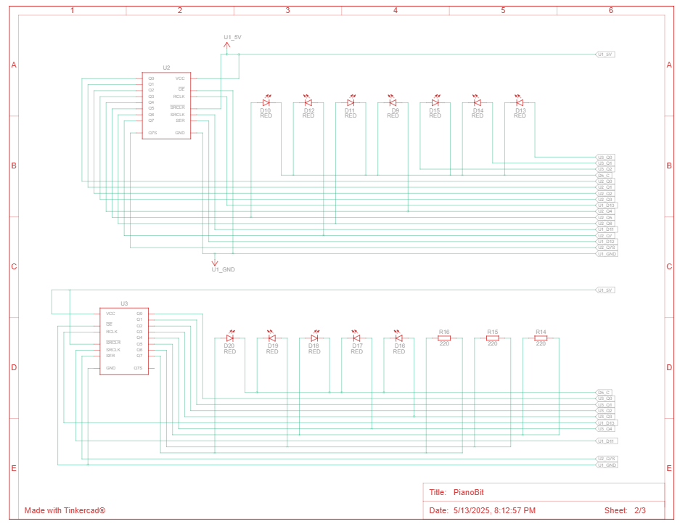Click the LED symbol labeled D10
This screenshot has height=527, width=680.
tap(266, 103)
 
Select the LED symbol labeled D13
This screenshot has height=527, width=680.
tap(519, 103)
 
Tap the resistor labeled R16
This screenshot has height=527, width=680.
tap(444, 338)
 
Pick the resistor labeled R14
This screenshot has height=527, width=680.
tap(541, 338)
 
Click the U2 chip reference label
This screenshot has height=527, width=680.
tap(166, 67)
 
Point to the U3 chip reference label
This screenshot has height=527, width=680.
tap(124, 303)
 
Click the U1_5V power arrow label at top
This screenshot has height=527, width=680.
tap(232, 36)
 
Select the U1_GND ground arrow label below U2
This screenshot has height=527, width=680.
tap(223, 269)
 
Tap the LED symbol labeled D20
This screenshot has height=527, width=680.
tap(230, 338)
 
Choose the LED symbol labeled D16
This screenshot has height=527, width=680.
tap(398, 338)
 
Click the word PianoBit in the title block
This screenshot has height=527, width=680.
tap(468, 492)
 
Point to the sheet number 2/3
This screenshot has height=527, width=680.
tap(639, 511)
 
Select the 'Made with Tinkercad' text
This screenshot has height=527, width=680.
tap(65, 511)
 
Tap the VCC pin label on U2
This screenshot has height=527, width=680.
tap(180, 78)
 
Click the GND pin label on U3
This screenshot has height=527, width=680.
tap(110, 368)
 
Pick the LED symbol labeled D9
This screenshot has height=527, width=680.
tap(393, 103)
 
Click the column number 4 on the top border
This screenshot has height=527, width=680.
tap(396, 11)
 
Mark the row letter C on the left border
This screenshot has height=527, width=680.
tap(13, 266)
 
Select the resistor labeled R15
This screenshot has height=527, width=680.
tap(492, 338)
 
